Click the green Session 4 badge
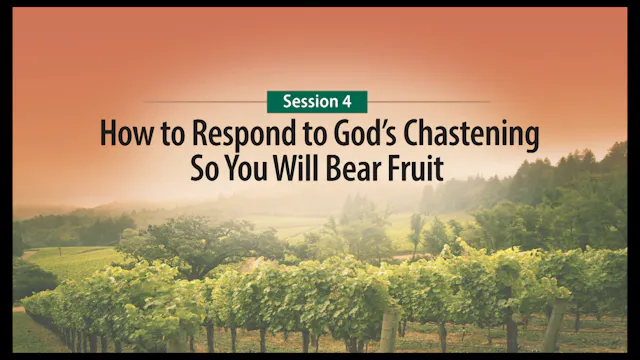(317, 102)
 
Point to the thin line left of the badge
(205, 102)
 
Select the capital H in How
(107, 134)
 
